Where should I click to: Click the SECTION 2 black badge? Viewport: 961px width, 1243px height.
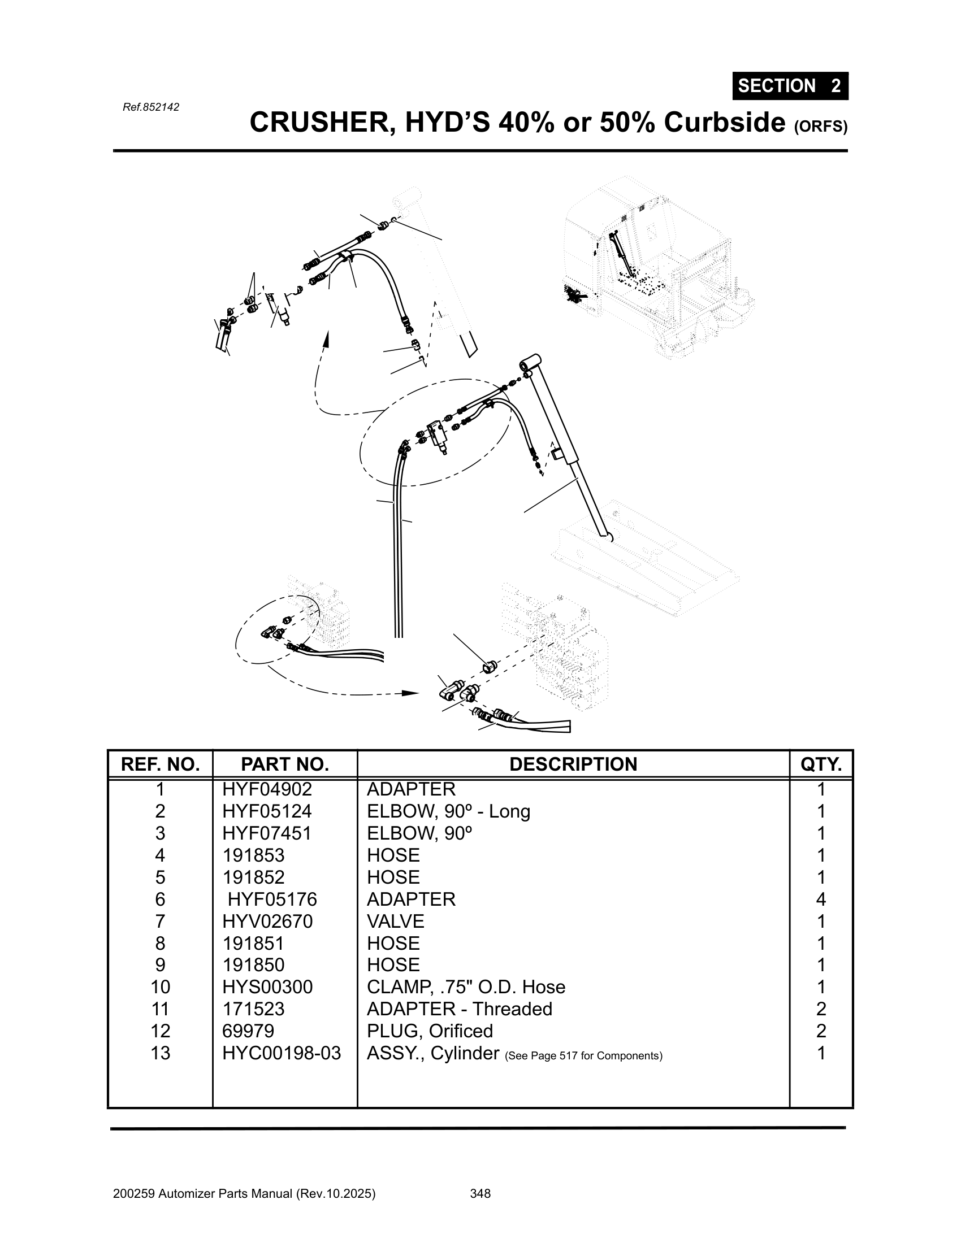790,86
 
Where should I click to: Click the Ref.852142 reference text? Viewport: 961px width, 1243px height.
151,107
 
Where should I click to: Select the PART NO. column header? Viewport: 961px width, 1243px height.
285,764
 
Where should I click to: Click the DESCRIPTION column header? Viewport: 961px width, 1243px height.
573,764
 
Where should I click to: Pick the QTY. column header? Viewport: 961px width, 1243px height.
820,764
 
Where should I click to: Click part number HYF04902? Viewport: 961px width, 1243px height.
267,789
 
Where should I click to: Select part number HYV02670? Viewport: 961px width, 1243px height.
267,922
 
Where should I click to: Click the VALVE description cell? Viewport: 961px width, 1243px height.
395,922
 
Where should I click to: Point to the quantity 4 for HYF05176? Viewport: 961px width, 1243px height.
820,899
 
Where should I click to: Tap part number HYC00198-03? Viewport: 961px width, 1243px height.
282,1054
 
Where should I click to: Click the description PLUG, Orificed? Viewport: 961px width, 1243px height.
429,1031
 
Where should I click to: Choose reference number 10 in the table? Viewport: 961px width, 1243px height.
160,988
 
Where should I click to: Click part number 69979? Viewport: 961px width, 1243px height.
248,1031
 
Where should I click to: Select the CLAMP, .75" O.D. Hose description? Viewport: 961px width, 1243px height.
466,988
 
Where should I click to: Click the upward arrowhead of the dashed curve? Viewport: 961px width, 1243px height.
326,339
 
